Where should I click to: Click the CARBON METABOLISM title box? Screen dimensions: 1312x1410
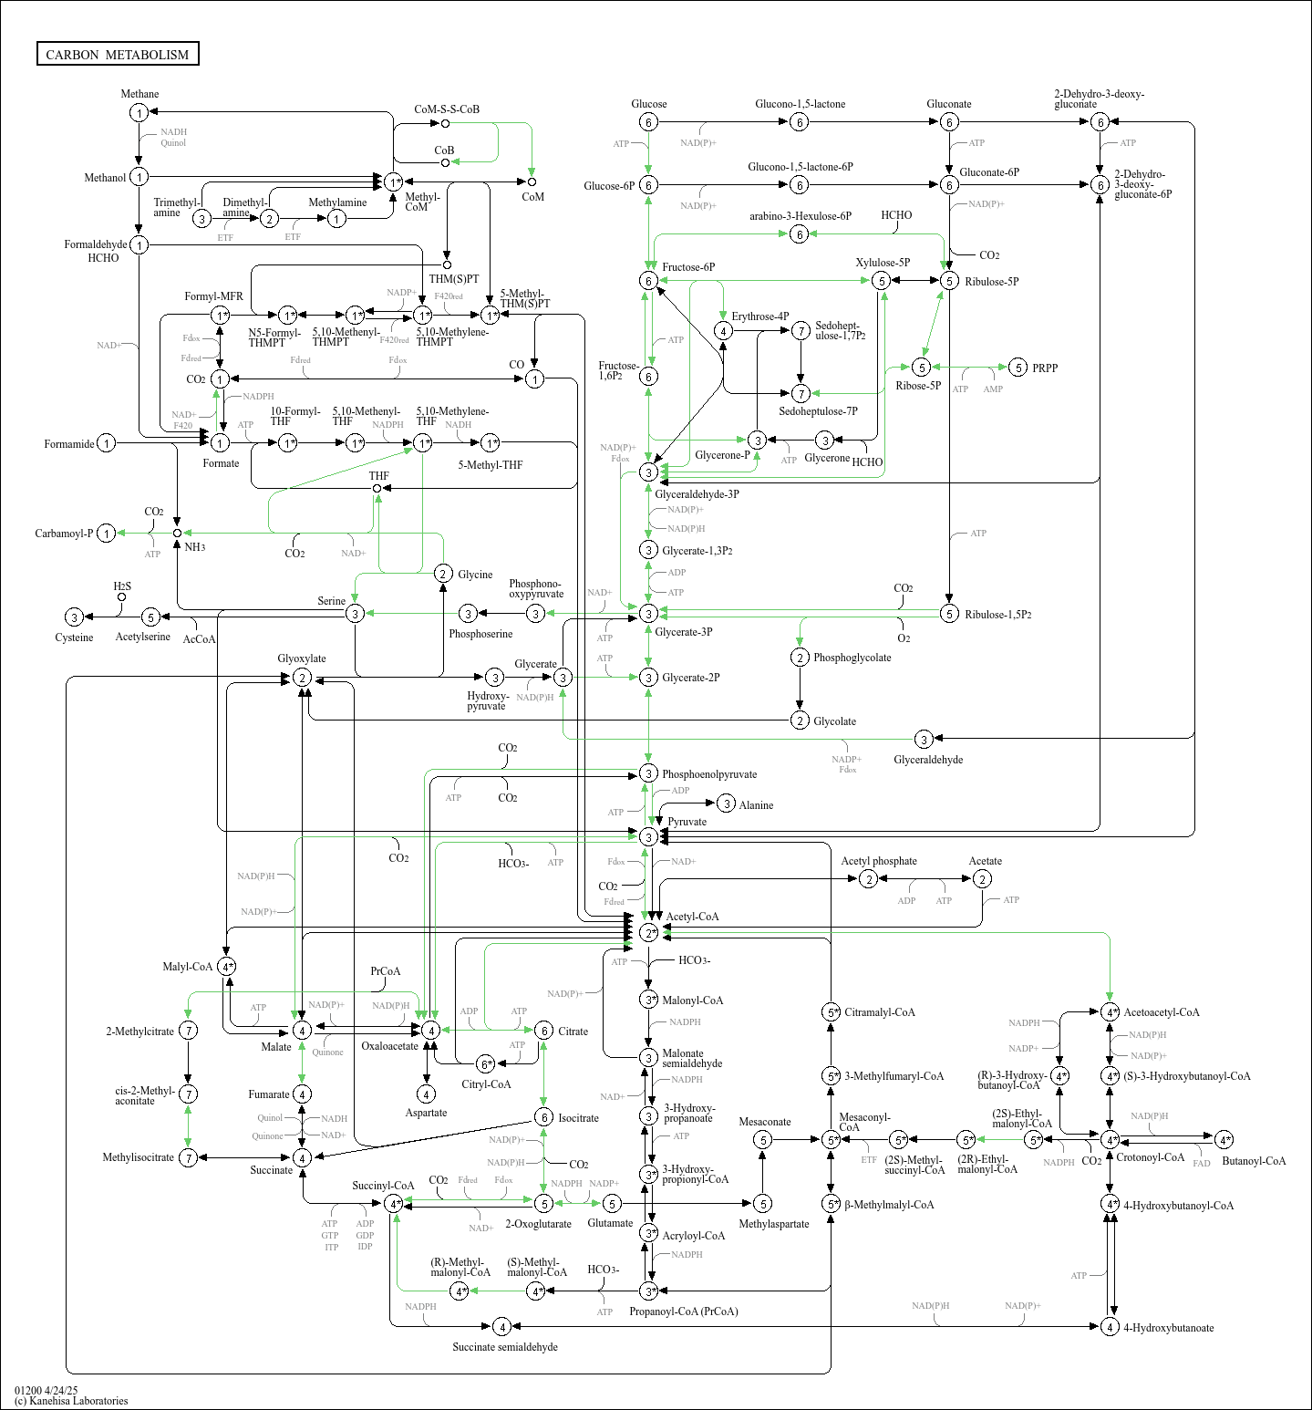click(118, 54)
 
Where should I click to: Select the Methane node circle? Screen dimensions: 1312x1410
click(139, 112)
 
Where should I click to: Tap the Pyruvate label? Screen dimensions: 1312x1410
click(687, 822)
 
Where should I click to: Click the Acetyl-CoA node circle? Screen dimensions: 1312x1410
click(648, 932)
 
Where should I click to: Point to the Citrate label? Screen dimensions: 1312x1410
click(573, 1032)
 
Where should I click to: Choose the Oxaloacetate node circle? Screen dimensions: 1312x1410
click(430, 1030)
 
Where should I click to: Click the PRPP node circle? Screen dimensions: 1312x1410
click(1018, 368)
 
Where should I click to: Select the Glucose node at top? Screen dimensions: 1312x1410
click(648, 122)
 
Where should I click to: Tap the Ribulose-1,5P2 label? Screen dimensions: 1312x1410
click(998, 615)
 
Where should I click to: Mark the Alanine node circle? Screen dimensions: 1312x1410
click(726, 803)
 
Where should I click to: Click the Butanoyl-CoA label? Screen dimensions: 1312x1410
click(1254, 1161)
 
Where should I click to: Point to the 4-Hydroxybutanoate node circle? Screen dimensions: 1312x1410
click(1110, 1326)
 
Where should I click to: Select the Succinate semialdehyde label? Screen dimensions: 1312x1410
click(505, 1347)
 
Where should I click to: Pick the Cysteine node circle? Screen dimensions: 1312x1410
click(74, 617)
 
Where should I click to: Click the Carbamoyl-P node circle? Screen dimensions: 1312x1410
click(107, 533)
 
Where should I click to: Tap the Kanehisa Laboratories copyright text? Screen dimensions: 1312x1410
click(71, 1401)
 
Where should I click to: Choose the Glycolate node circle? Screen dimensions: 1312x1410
click(800, 721)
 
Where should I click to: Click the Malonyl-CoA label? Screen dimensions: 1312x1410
click(692, 1000)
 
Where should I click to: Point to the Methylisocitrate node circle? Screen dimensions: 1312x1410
click(188, 1157)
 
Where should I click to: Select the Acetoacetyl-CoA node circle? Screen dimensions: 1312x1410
click(1110, 1012)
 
